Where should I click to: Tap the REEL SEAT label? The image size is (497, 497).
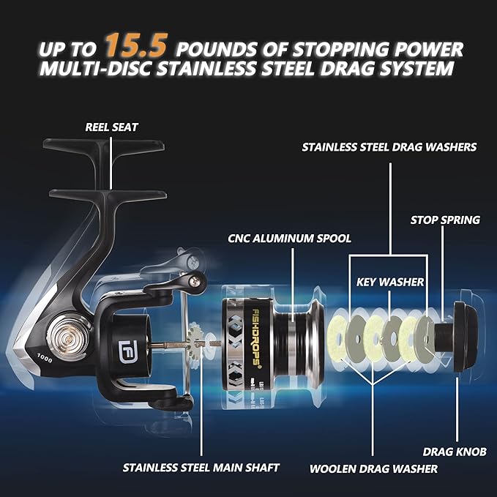pos(111,127)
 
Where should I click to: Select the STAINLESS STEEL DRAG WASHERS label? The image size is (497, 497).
pos(389,147)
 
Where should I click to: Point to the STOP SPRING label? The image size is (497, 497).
pos(444,219)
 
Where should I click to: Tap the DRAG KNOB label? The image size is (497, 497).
pos(454,452)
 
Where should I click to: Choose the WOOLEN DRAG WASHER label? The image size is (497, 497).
pos(373,468)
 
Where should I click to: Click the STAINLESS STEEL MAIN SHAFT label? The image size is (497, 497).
pos(201,467)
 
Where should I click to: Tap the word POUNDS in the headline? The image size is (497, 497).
pos(214,48)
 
